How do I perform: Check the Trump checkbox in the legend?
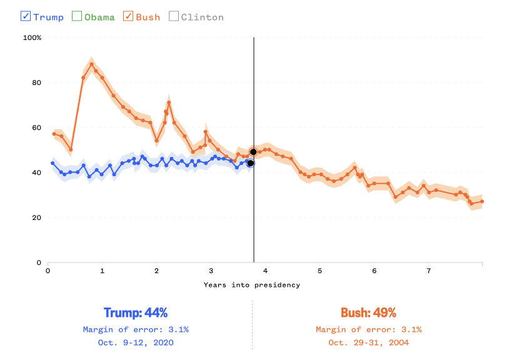tap(26, 16)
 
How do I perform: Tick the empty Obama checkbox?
tap(77, 16)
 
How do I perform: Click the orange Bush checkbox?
tap(128, 16)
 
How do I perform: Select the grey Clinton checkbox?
tap(173, 16)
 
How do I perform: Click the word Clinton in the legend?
tap(202, 17)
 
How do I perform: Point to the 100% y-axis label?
tap(32, 37)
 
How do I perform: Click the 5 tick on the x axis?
tap(320, 271)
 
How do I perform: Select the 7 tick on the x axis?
tap(428, 271)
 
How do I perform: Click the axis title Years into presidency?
tap(251, 285)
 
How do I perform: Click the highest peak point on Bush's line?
tap(92, 64)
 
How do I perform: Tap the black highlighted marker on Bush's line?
tap(253, 152)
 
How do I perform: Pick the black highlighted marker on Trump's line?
tap(250, 163)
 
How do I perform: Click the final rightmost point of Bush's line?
tap(482, 201)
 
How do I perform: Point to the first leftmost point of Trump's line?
tap(53, 163)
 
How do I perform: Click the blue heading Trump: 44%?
tap(136, 312)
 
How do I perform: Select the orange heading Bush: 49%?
tap(368, 312)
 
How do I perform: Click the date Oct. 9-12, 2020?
tap(136, 342)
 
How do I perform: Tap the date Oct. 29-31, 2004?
tap(368, 342)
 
